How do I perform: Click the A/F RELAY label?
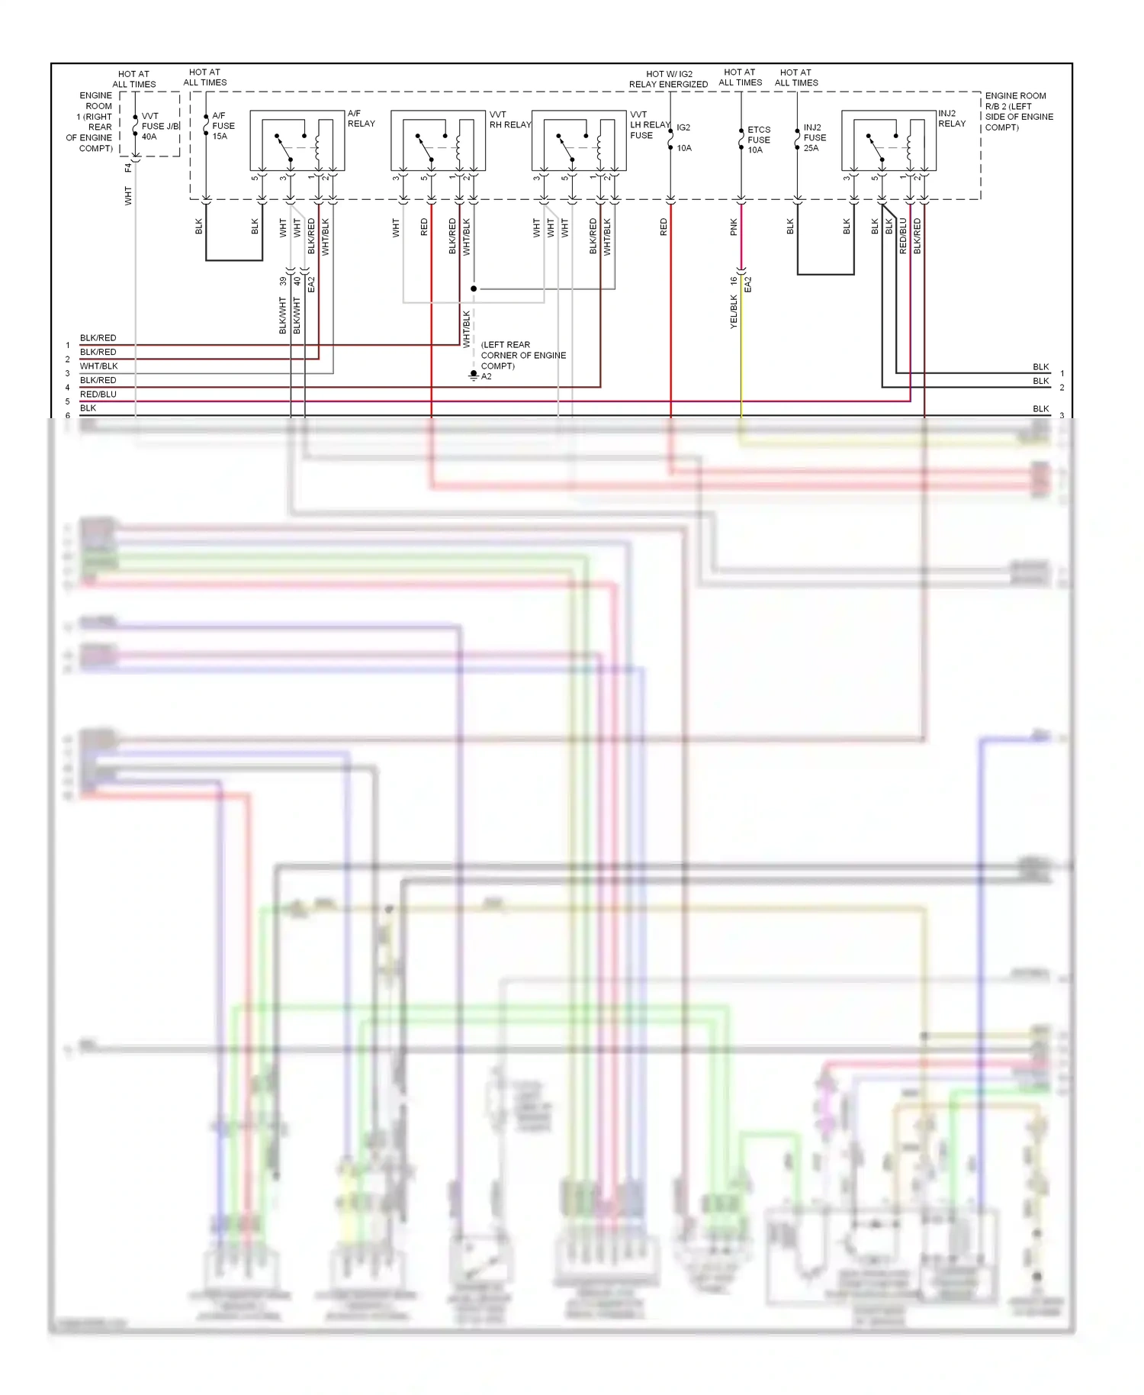(x=361, y=118)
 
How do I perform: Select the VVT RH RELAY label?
(x=509, y=120)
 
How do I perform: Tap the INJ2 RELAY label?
(x=951, y=118)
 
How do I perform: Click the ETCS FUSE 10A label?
(x=758, y=140)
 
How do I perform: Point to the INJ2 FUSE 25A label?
(x=814, y=137)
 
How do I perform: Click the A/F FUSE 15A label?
(x=223, y=126)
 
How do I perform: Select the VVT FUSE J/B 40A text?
(x=160, y=127)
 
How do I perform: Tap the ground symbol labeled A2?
(x=474, y=375)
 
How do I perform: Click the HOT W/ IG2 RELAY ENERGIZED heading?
(x=668, y=79)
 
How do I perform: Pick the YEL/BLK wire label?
(x=734, y=311)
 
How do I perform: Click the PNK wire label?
(x=734, y=227)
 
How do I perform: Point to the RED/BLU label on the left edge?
(x=98, y=395)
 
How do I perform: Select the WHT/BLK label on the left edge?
(x=99, y=366)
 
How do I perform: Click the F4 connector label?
(x=128, y=166)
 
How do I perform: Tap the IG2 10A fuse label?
(x=683, y=137)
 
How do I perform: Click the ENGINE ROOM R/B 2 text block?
(x=1018, y=111)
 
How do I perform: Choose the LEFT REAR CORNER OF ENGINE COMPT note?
(x=522, y=355)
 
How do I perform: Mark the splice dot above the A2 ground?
(x=474, y=289)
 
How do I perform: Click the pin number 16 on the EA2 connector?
(x=734, y=280)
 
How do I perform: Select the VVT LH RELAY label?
(x=648, y=124)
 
